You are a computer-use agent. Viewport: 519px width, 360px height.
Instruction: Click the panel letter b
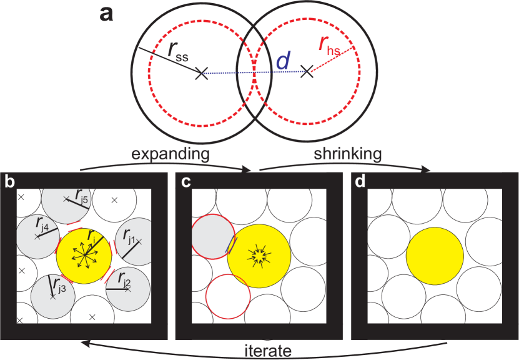click(9, 182)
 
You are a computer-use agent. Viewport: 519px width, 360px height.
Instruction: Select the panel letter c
click(185, 182)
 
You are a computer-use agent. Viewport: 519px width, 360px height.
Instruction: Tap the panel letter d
click(360, 182)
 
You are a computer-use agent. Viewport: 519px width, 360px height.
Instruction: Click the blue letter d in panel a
click(283, 61)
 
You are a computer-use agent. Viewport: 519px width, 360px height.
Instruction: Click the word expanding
click(169, 154)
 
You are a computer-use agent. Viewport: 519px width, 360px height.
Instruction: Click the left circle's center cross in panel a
click(200, 74)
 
